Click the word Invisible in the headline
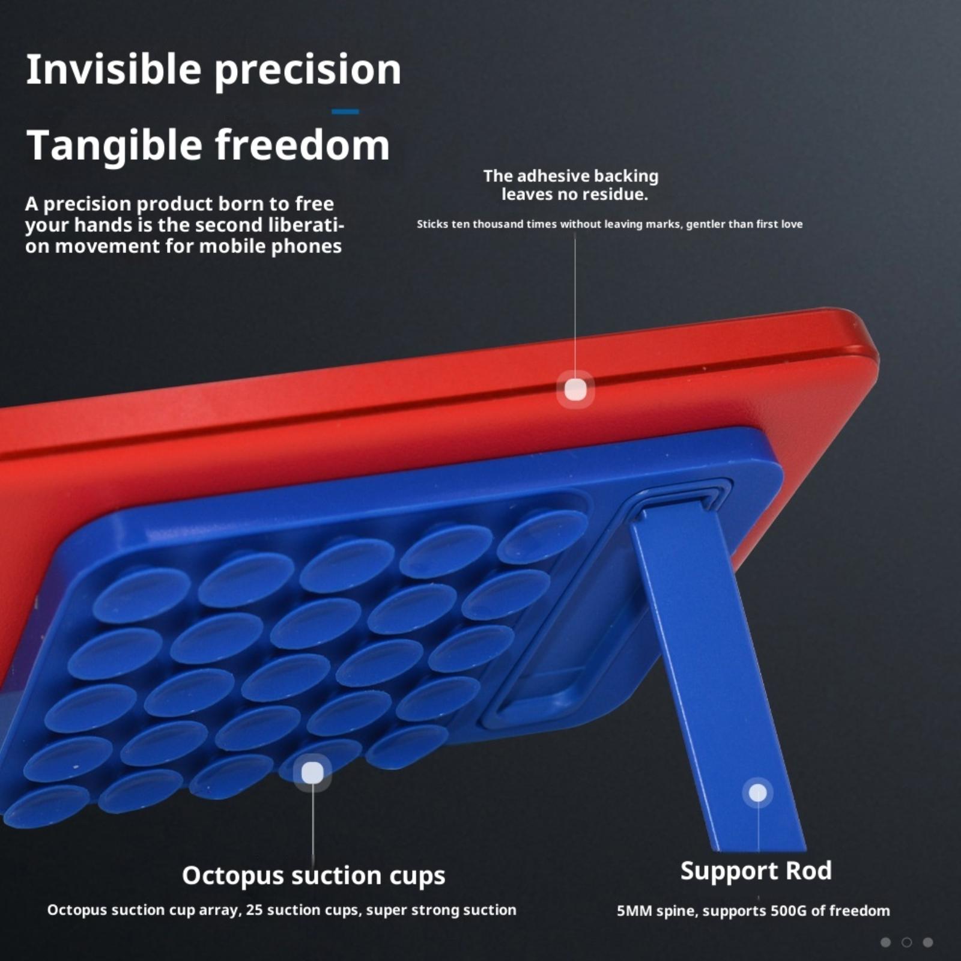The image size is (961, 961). click(x=114, y=69)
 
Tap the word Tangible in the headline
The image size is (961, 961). click(x=115, y=145)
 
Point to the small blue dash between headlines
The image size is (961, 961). click(x=345, y=111)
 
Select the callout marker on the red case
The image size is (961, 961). click(x=575, y=389)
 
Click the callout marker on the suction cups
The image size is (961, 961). click(x=312, y=772)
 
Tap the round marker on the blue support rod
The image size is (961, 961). click(x=758, y=793)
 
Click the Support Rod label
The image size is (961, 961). click(x=756, y=870)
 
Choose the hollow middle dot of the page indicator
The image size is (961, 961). click(x=907, y=942)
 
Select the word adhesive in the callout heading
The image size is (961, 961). click(x=551, y=176)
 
